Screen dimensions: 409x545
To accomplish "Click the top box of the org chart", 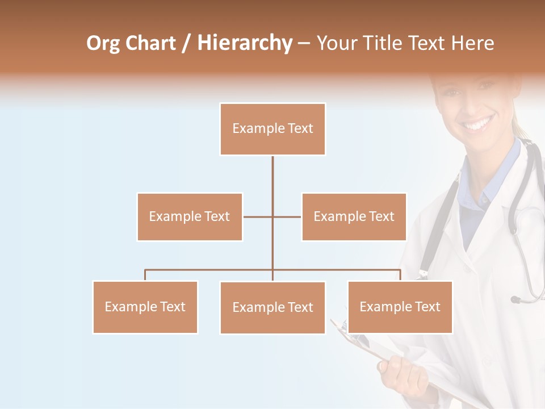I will click(272, 129).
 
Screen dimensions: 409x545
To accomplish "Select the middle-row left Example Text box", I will click(190, 216).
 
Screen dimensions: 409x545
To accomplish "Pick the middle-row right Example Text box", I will click(354, 216).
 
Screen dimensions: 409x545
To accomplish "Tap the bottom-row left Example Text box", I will click(145, 307).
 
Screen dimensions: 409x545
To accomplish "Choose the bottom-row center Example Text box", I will click(272, 307).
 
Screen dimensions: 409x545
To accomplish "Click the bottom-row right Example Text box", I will click(400, 307).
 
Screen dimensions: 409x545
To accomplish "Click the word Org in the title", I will click(103, 43).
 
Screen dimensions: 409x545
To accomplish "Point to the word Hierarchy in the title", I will click(244, 43).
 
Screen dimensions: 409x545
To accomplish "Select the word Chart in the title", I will click(150, 43).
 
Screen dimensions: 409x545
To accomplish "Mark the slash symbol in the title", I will click(186, 43).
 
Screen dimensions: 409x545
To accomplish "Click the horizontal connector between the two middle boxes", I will click(272, 216).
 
